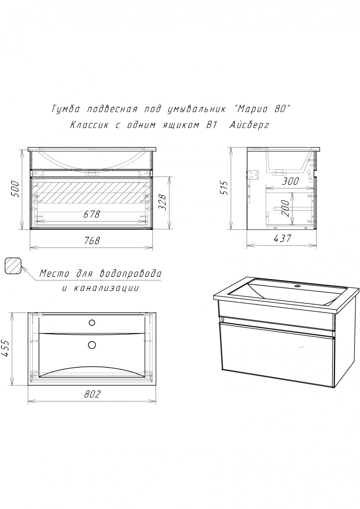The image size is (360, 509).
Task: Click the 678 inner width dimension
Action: [x=91, y=214]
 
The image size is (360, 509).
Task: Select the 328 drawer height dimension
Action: [x=163, y=202]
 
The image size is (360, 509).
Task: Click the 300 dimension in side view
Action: [x=290, y=182]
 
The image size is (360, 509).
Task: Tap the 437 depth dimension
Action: [x=282, y=238]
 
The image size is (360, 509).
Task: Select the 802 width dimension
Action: [x=92, y=394]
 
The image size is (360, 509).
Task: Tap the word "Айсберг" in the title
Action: [x=249, y=125]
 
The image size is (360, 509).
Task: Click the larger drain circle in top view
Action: [x=92, y=345]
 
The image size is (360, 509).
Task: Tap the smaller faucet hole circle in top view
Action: [x=92, y=322]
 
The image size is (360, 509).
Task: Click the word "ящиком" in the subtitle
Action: [x=181, y=125]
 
